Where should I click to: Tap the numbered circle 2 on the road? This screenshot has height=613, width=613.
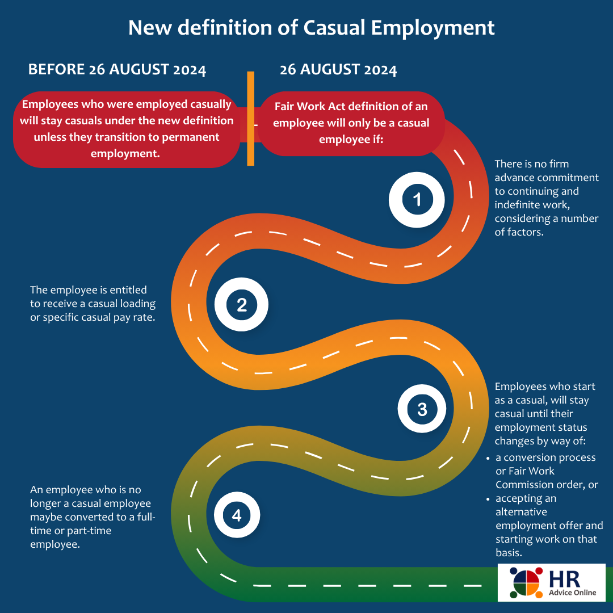(x=241, y=305)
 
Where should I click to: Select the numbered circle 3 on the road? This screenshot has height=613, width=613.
(x=422, y=409)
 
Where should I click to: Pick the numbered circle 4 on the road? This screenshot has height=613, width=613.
(x=236, y=515)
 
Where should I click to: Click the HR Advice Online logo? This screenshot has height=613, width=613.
(x=551, y=582)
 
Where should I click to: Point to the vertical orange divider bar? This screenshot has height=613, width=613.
(x=250, y=118)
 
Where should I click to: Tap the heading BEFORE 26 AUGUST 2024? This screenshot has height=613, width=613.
(x=117, y=70)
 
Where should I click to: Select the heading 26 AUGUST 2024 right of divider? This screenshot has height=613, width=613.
(x=338, y=70)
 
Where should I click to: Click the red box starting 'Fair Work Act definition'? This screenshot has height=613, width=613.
(x=351, y=123)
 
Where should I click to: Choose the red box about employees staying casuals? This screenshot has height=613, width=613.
(x=126, y=129)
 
